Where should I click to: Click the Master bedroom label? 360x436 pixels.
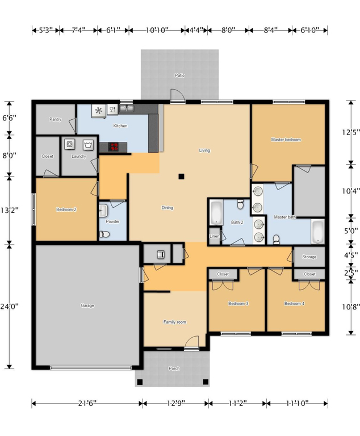pos(286,140)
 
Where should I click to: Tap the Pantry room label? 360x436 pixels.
pos(55,119)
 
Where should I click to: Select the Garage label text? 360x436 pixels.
pos(87,305)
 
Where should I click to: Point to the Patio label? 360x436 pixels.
pos(179,76)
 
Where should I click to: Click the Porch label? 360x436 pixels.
pos(174,368)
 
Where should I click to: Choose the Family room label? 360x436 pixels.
pos(175,322)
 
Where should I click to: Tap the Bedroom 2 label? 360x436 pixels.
pos(66,209)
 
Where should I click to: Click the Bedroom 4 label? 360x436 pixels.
pos(294,304)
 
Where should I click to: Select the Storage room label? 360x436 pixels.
pos(309,257)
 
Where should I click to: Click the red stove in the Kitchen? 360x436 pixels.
pos(114,147)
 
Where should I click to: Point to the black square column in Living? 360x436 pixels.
pos(181,177)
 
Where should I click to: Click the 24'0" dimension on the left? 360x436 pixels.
pos(10,306)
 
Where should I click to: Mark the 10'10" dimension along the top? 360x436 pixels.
pos(157,30)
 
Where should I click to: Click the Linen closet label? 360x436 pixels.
pos(215,236)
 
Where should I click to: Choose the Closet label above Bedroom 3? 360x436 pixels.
pos(223,274)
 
